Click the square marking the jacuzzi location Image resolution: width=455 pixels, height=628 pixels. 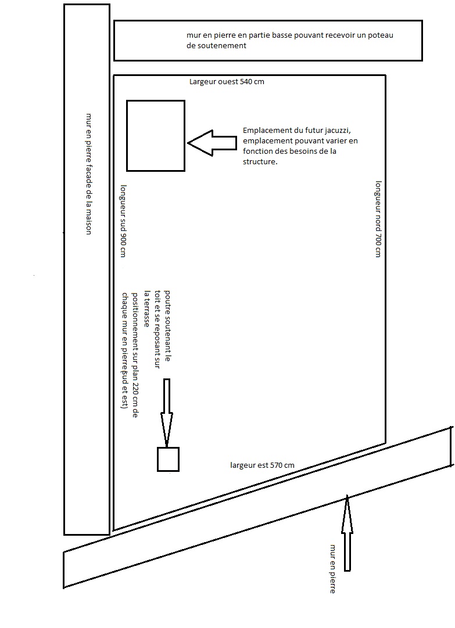pyautogui.click(x=156, y=136)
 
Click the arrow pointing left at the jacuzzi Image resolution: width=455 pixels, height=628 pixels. pyautogui.click(x=212, y=142)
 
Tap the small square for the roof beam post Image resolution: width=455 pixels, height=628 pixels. pyautogui.click(x=168, y=459)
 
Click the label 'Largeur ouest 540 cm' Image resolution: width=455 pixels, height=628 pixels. pyautogui.click(x=227, y=82)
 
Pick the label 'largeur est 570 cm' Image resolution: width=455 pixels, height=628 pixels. pyautogui.click(x=262, y=465)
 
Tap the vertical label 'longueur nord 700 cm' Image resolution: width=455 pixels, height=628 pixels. pyautogui.click(x=378, y=218)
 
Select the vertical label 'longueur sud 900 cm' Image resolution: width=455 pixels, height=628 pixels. pyautogui.click(x=123, y=221)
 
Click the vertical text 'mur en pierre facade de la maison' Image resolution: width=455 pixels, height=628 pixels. pyautogui.click(x=89, y=174)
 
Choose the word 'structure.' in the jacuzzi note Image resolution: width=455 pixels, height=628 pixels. pyautogui.click(x=260, y=163)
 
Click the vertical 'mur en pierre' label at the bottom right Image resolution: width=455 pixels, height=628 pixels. pyautogui.click(x=332, y=569)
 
